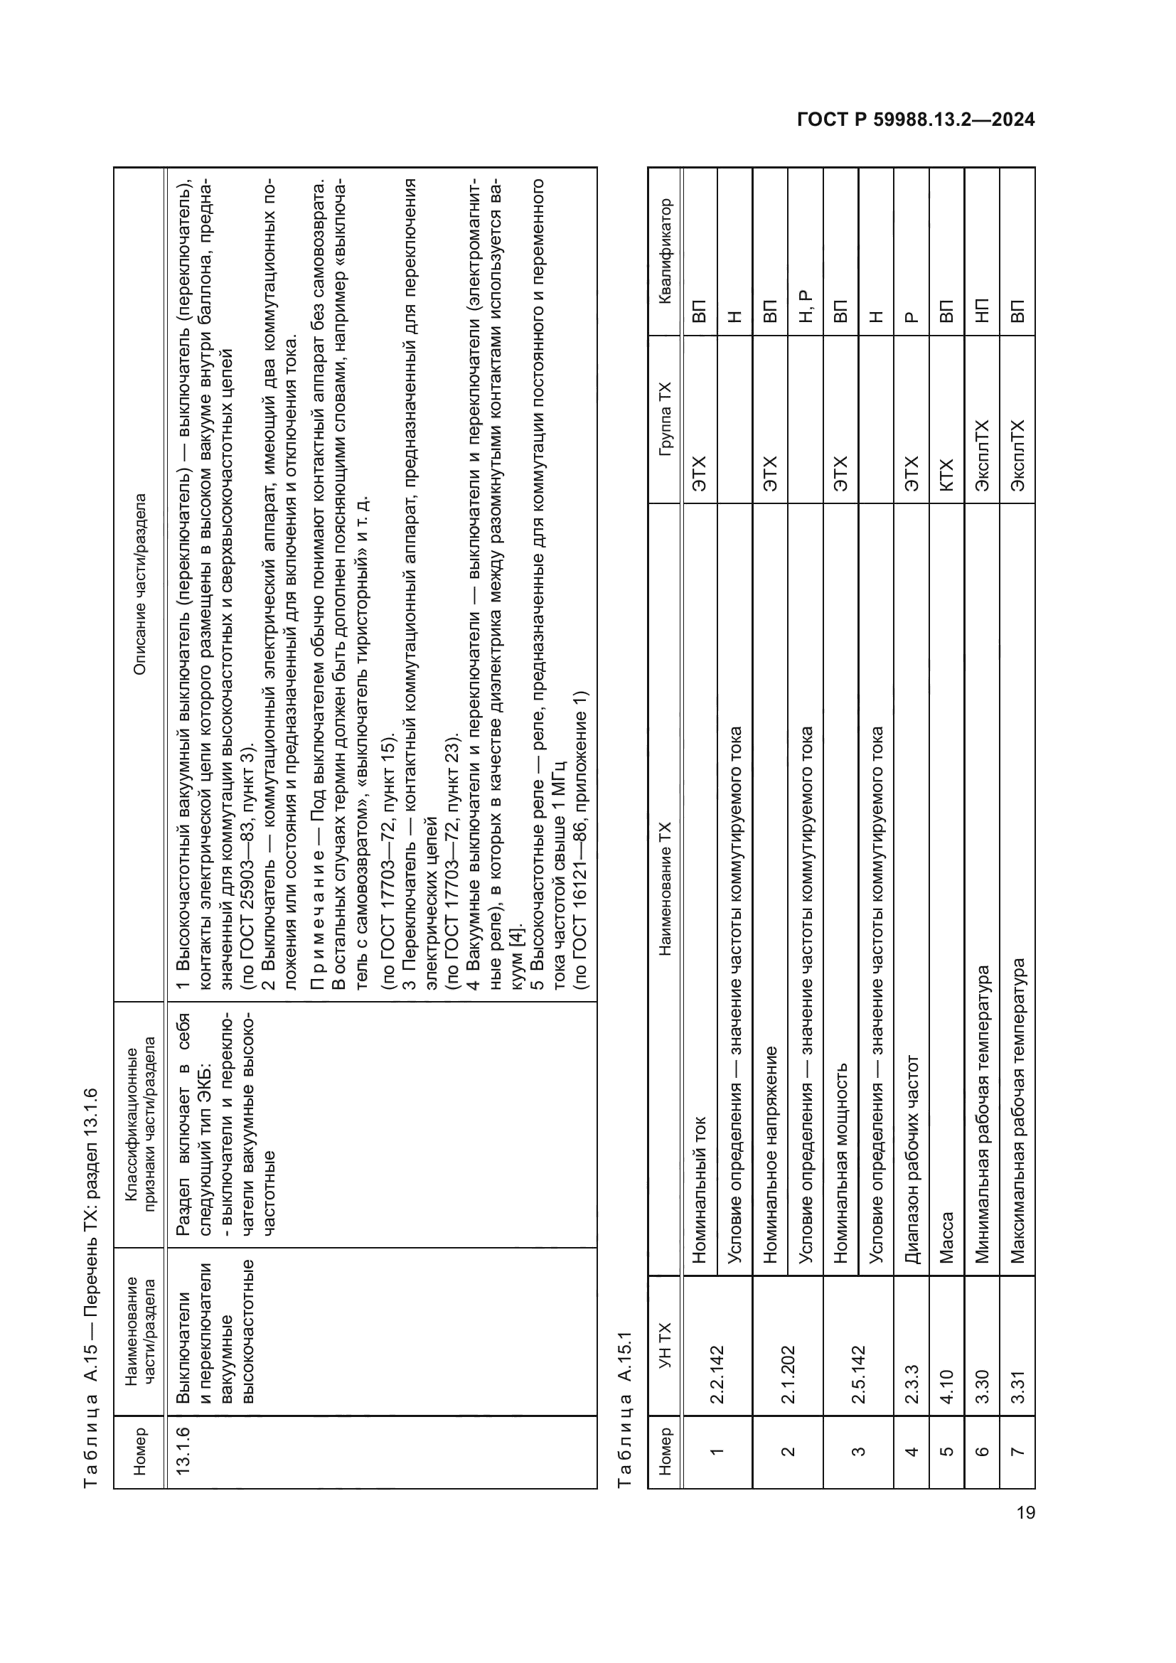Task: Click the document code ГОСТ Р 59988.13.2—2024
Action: pos(915,119)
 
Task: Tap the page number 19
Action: pos(1025,1512)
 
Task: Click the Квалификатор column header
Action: pos(665,251)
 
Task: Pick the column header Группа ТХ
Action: pos(665,419)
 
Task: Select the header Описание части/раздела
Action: pos(139,584)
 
